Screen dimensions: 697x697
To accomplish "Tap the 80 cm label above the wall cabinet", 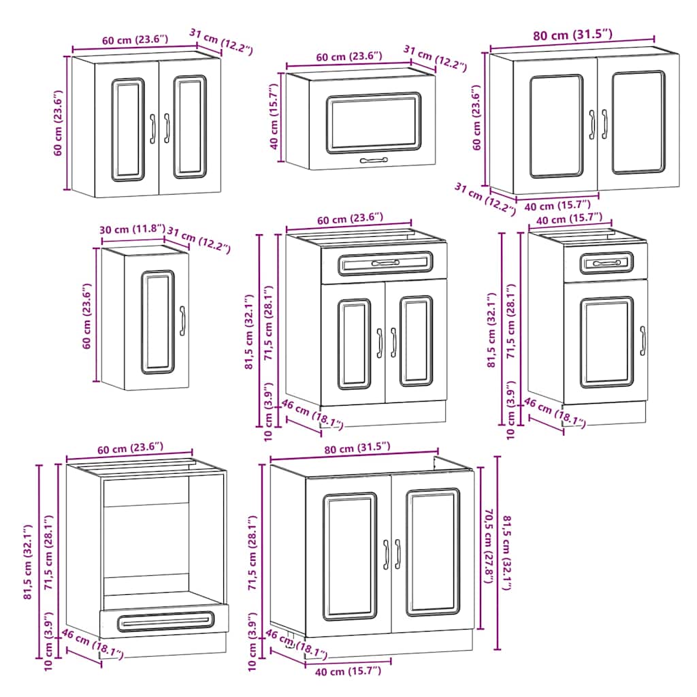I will pos(572,35).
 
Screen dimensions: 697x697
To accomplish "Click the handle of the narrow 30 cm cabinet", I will pos(182,321).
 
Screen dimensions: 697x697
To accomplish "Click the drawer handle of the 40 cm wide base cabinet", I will pos(606,263).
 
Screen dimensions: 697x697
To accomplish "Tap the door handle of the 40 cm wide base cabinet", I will pos(643,340).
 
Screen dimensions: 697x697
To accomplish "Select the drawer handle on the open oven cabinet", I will pos(163,621).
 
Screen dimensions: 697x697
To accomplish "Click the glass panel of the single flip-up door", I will pos(373,123).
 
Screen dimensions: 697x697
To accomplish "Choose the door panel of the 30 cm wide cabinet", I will pos(158,322).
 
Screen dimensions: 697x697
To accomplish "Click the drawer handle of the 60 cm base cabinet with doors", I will pos(385,263).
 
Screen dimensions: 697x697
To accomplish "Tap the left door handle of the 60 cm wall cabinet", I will pos(153,128).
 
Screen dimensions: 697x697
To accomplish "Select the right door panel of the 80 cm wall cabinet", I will pos(638,123).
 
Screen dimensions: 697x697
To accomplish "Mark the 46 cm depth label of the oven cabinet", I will pos(92,644).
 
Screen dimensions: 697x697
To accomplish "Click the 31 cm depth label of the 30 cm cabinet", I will pos(199,239).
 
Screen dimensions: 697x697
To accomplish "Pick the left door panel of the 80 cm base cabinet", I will pos(350,556).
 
